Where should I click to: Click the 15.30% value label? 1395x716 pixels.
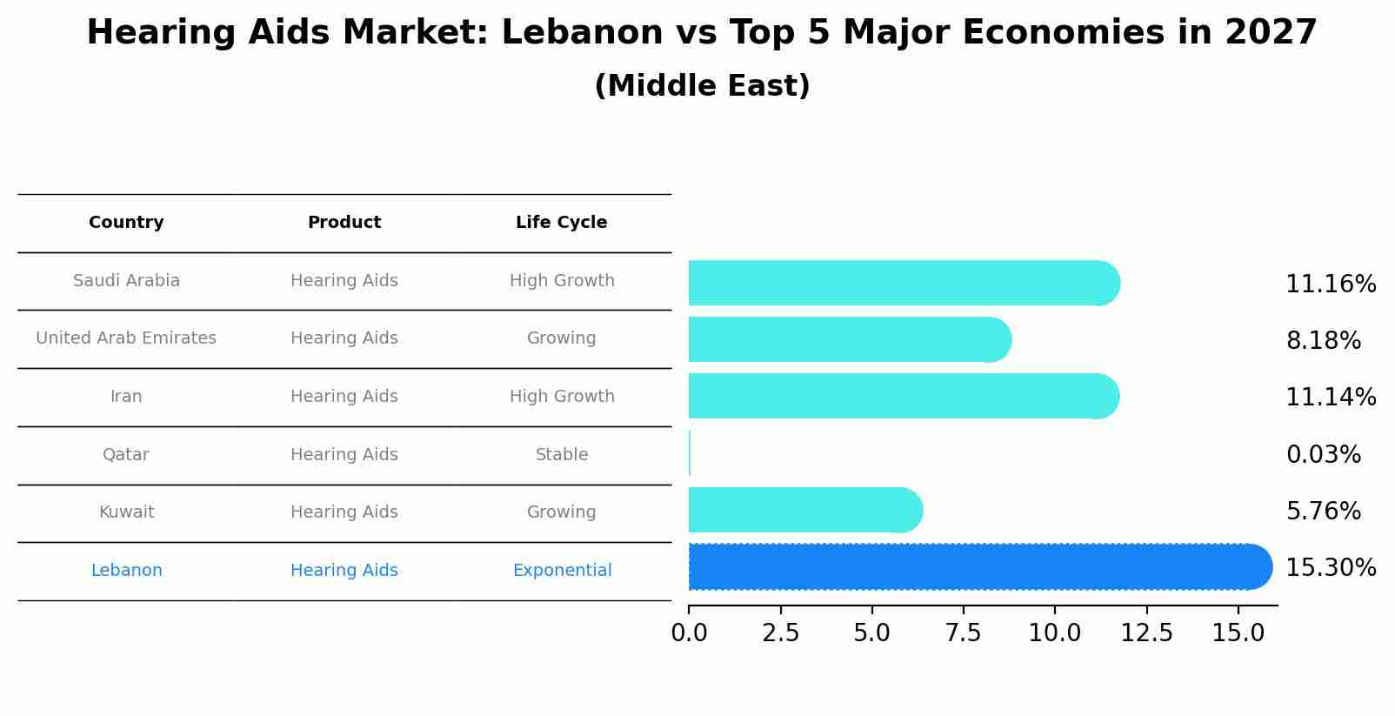coord(1330,568)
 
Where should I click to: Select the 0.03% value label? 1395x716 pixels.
coord(1323,455)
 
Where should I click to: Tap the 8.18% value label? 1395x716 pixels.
coord(1323,341)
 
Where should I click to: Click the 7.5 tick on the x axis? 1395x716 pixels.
coord(964,633)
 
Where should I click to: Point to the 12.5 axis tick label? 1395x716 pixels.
coord(1146,633)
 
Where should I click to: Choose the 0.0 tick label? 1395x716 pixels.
coord(689,633)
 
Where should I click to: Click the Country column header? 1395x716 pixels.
coord(126,223)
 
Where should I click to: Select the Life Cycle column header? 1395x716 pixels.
coord(561,223)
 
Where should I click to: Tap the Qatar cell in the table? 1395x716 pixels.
coord(126,455)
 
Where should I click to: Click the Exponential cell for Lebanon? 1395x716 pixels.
coord(562,571)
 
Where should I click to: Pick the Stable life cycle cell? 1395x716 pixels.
coord(562,455)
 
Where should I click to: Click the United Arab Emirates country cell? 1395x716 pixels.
coord(126,338)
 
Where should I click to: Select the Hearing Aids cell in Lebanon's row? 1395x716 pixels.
coord(344,571)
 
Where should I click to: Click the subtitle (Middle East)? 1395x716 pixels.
coord(702,86)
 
